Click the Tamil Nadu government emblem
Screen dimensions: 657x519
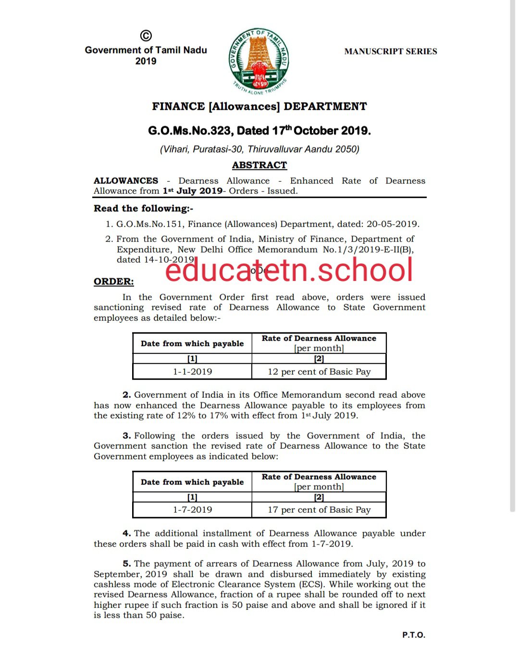pyautogui.click(x=259, y=61)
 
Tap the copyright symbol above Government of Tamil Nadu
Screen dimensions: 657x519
pyautogui.click(x=146, y=36)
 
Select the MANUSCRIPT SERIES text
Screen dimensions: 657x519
pyautogui.click(x=390, y=51)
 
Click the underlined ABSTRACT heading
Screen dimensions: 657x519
pyautogui.click(x=259, y=165)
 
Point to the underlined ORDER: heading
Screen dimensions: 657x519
pyautogui.click(x=113, y=281)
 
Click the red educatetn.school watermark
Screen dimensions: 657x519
pyautogui.click(x=289, y=270)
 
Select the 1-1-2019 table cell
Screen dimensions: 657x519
pyautogui.click(x=192, y=372)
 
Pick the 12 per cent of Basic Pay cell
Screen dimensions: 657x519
pyautogui.click(x=319, y=372)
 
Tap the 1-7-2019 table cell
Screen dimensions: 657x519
pyautogui.click(x=192, y=510)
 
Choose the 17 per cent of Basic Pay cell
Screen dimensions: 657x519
pyautogui.click(x=319, y=510)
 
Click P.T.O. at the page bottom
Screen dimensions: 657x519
pyautogui.click(x=413, y=635)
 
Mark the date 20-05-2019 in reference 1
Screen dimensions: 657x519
pyautogui.click(x=393, y=224)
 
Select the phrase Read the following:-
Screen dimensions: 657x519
pyautogui.click(x=143, y=208)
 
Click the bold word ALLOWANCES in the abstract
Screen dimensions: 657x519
pyautogui.click(x=126, y=181)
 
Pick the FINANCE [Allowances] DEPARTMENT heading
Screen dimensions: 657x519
pyautogui.click(x=259, y=107)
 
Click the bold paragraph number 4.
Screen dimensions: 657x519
pyautogui.click(x=126, y=533)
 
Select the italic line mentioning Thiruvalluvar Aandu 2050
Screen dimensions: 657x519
pyautogui.click(x=259, y=149)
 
